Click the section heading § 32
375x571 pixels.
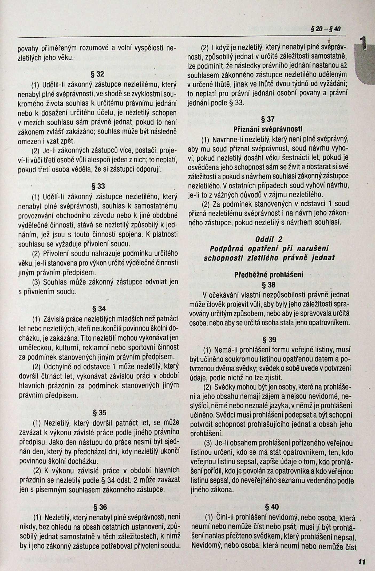(98, 74)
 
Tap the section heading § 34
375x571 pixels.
(99, 309)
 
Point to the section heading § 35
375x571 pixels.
(99, 413)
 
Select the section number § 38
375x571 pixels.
(269, 285)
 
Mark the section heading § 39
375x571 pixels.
(269, 340)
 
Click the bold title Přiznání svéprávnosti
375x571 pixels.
(268, 129)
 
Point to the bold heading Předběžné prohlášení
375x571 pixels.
(269, 275)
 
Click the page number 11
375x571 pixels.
(362, 562)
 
